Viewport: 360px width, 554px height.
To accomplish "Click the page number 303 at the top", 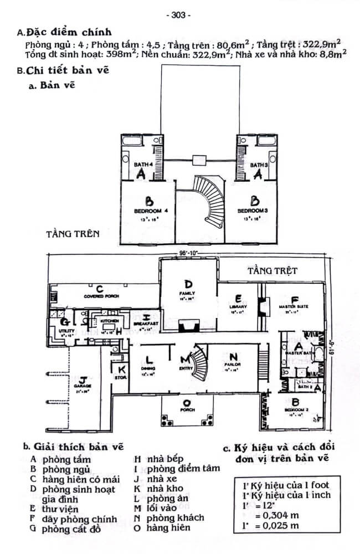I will coord(178,15).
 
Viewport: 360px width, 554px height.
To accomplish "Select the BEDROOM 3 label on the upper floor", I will coord(253,211).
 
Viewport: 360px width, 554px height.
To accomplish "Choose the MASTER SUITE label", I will coord(294,306).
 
